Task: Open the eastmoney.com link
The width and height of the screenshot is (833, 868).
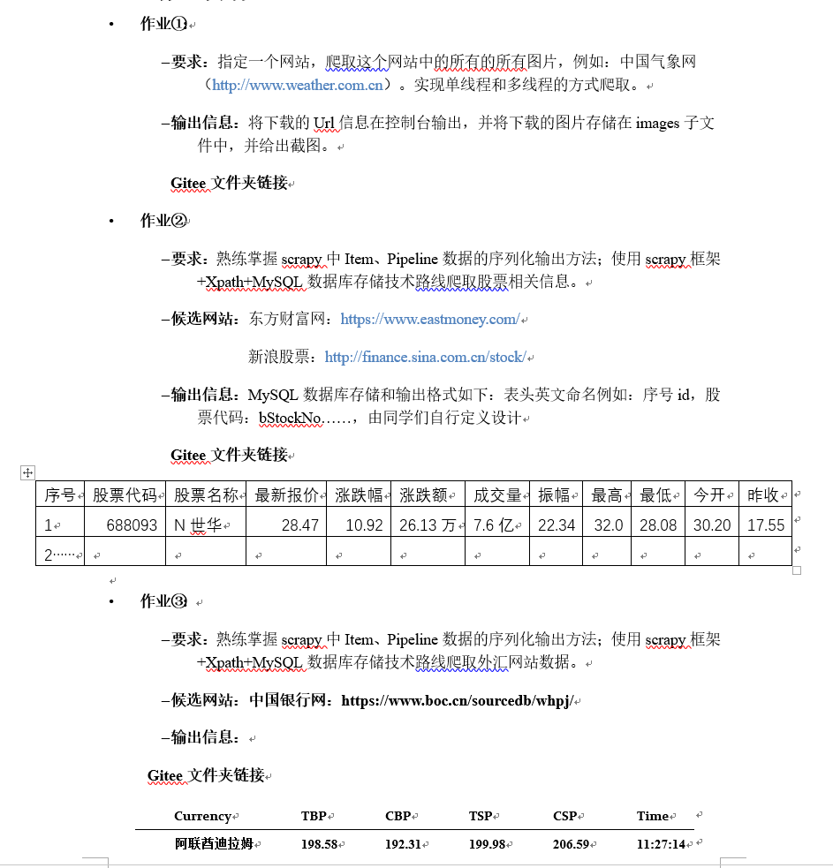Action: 429,320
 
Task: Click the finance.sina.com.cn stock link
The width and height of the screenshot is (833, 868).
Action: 425,358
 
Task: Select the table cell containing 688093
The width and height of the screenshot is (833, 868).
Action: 132,525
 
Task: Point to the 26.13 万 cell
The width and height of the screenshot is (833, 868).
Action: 428,525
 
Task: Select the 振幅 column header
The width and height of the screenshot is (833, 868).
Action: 554,495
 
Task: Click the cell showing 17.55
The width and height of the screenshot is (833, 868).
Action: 766,525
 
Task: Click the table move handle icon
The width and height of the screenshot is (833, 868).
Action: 27,473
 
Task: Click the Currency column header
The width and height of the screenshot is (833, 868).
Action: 202,816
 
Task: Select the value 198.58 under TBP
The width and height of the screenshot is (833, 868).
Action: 319,844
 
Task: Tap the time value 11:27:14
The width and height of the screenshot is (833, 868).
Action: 661,844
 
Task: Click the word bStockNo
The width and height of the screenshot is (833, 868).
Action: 290,418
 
